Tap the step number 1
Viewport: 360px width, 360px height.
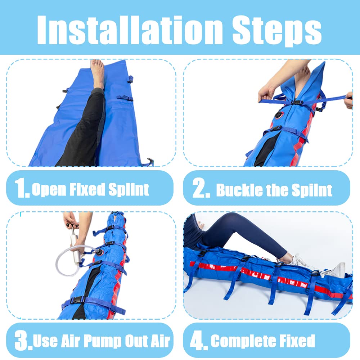pyautogui.click(x=21, y=189)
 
